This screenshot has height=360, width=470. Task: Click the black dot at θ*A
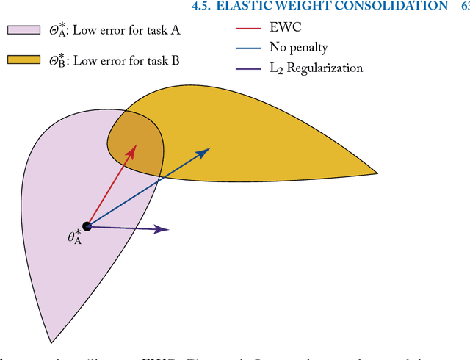[87, 226]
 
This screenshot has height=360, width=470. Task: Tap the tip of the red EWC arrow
[134, 145]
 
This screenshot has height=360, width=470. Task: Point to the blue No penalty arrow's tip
[209, 148]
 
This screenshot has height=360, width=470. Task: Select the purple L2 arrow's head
[167, 230]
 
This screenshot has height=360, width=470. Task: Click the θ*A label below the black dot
[74, 238]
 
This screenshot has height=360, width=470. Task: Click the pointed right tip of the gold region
[376, 173]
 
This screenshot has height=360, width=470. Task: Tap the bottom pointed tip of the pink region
[51, 342]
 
